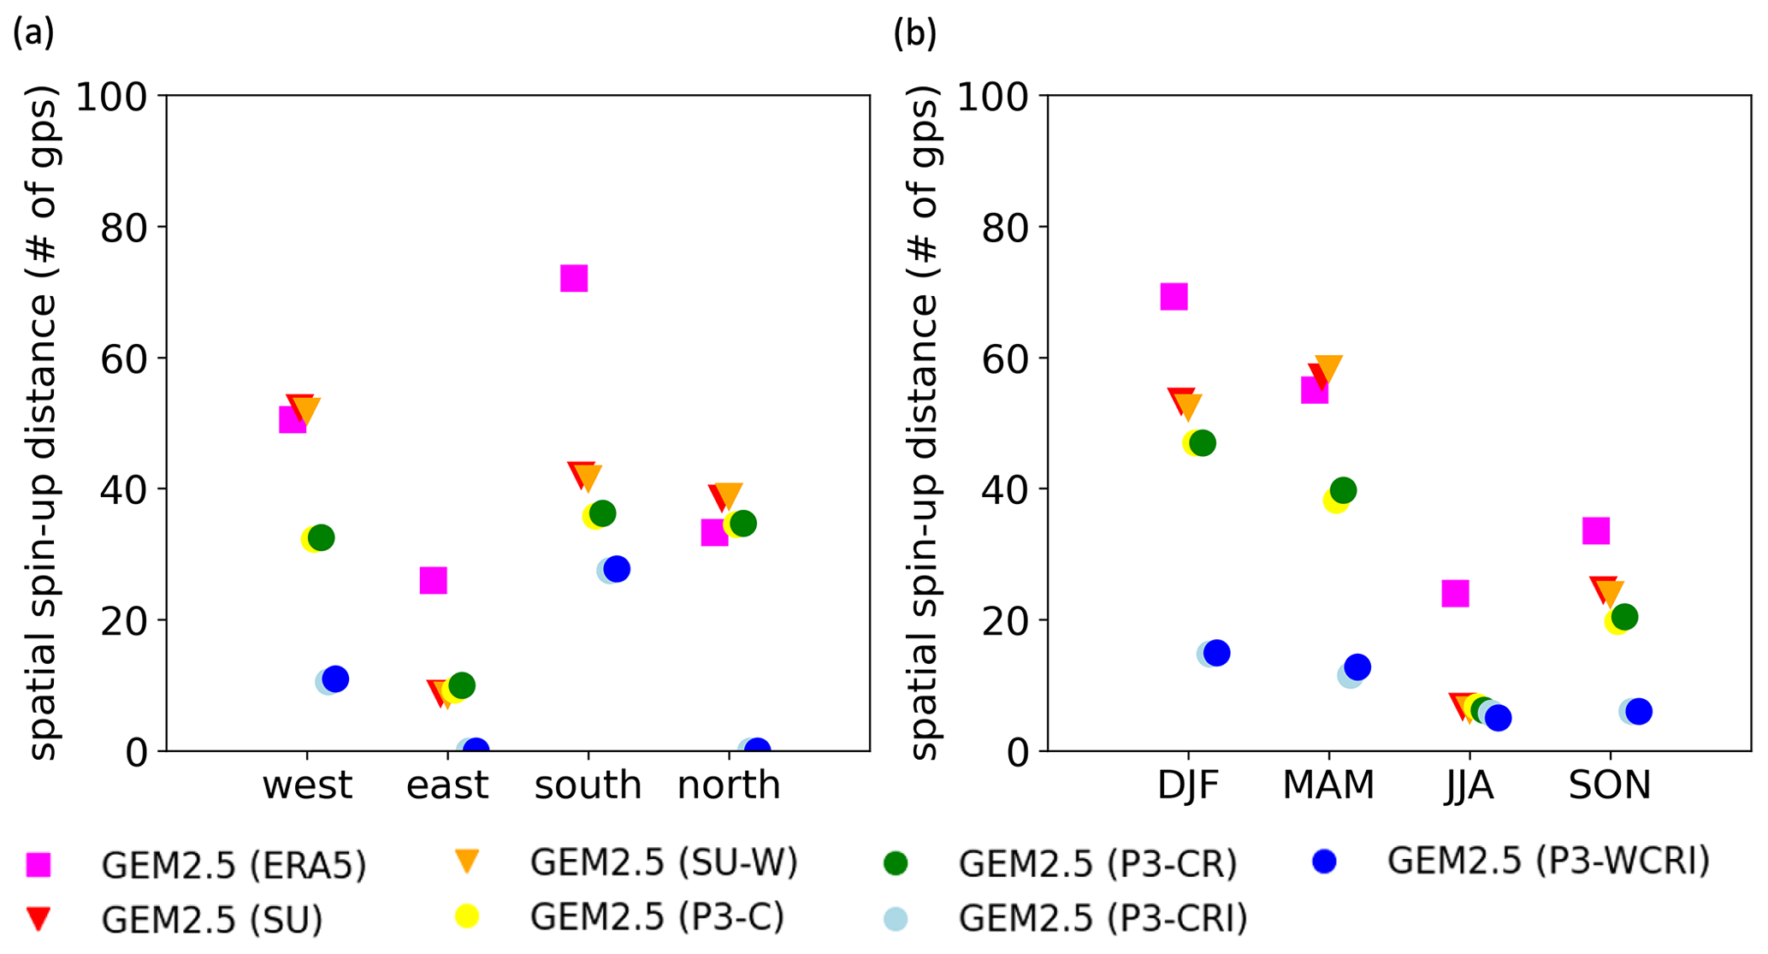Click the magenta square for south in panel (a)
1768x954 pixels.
point(574,278)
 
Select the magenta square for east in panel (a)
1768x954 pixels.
point(433,580)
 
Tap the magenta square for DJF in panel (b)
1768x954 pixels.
point(1174,297)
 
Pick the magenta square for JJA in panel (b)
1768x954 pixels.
point(1455,593)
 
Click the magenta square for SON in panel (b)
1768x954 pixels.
point(1596,530)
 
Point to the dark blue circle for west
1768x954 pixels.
point(336,679)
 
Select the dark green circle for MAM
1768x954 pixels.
point(1343,490)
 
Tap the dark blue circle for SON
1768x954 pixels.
point(1639,711)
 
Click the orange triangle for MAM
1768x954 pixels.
point(1328,369)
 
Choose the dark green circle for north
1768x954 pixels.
point(743,524)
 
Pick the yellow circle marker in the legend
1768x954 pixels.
point(466,916)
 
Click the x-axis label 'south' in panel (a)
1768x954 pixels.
point(588,785)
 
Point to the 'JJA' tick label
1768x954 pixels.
point(1469,785)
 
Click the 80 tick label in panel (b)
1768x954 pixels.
point(1003,228)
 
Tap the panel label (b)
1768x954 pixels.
point(914,33)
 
